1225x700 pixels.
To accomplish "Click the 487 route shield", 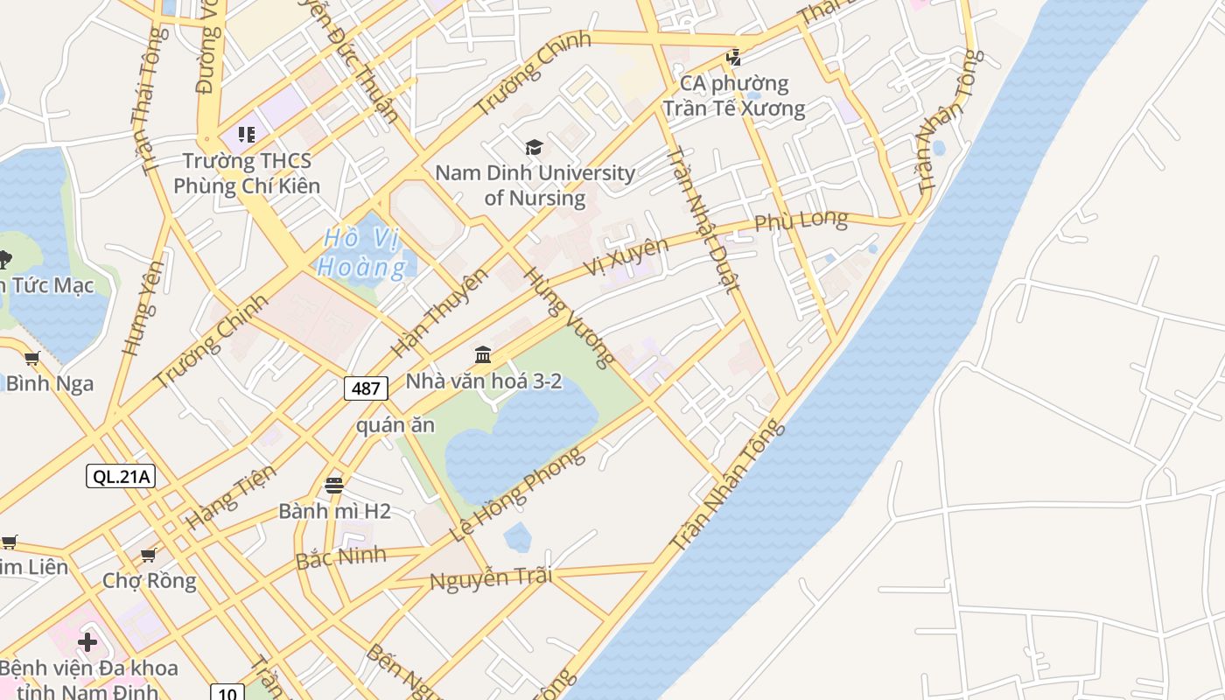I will [x=366, y=388].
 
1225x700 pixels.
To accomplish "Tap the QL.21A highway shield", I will [x=121, y=476].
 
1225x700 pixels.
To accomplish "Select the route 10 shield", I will [x=227, y=693].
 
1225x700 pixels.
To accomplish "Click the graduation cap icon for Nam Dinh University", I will [x=534, y=147].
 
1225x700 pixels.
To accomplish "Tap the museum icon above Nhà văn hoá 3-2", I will [x=483, y=354].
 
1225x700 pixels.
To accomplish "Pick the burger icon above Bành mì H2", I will [x=334, y=485].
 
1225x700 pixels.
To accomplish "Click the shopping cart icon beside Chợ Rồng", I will [x=149, y=555].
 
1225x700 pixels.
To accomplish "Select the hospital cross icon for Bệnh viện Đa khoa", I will [x=87, y=642].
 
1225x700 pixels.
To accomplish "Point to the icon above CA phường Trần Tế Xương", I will [x=733, y=58].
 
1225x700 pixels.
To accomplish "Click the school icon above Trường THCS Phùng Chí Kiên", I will [x=247, y=135].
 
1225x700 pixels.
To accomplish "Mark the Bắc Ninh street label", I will [x=341, y=556].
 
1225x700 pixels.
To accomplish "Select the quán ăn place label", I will [x=395, y=425].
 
